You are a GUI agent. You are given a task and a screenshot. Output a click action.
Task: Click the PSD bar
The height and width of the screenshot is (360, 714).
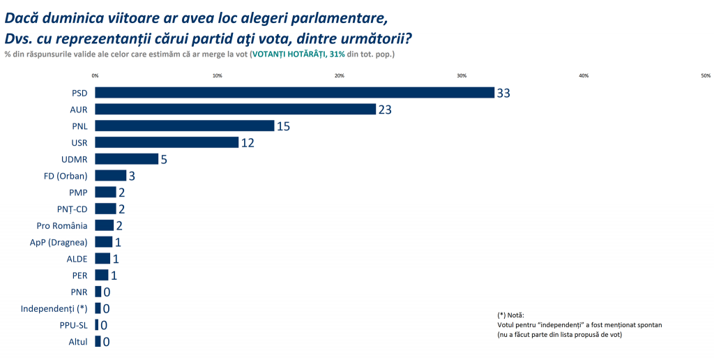tap(294, 93)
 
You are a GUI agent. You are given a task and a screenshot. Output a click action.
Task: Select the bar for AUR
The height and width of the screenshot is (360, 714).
tap(235, 109)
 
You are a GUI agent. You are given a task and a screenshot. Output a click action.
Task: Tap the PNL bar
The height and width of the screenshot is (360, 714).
tap(185, 126)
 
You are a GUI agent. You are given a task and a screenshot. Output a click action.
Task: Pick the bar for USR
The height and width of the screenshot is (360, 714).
tap(167, 142)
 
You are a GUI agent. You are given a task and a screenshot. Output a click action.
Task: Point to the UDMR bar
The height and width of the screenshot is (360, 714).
tap(126, 159)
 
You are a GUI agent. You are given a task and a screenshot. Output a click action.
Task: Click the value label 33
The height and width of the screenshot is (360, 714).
tap(504, 93)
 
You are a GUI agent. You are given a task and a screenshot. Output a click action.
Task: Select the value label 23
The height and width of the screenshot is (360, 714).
tap(385, 110)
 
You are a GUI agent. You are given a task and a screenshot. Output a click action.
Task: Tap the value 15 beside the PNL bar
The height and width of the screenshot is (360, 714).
tap(282, 126)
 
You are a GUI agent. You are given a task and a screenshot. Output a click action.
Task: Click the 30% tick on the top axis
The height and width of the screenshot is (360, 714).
tap(462, 75)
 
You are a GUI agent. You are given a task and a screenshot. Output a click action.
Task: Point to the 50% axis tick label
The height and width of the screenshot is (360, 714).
tap(706, 75)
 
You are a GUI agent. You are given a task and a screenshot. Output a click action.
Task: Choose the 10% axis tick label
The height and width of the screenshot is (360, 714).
tap(217, 75)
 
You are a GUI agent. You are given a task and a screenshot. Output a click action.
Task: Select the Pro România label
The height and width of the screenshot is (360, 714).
tap(62, 225)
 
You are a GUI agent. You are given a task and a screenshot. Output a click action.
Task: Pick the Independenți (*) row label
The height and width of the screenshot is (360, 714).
tap(54, 308)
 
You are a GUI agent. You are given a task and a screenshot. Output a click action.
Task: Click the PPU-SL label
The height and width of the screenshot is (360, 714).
tap(73, 325)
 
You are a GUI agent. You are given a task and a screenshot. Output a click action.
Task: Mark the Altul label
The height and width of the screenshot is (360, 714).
tap(78, 342)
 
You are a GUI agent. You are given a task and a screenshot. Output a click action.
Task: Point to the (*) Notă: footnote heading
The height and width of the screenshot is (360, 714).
tap(511, 315)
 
